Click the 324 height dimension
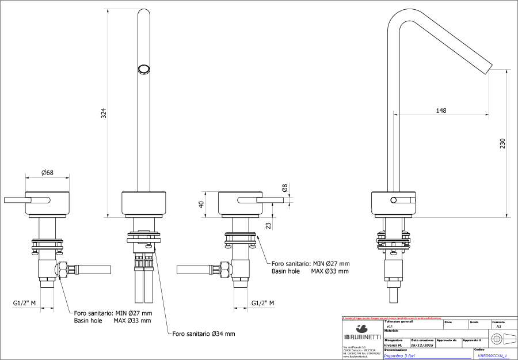(x=104, y=113)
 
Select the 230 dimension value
(x=502, y=142)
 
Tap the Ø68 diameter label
(x=48, y=172)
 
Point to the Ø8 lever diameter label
(x=284, y=188)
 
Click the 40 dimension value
(x=201, y=204)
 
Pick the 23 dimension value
(x=268, y=225)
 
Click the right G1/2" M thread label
(x=262, y=304)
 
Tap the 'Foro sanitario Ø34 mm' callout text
(x=203, y=334)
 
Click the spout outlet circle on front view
(x=143, y=69)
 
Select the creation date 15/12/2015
(x=422, y=345)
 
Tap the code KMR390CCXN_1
(x=492, y=356)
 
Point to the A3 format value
(x=498, y=326)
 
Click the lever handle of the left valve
(x=25, y=200)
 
